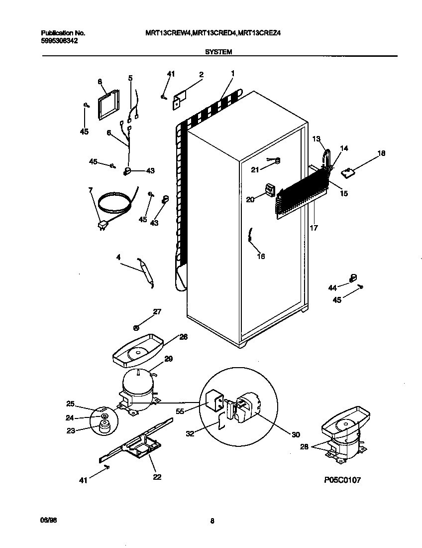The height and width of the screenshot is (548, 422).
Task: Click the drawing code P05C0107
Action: click(x=342, y=480)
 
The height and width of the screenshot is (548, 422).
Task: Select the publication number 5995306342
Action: click(x=59, y=41)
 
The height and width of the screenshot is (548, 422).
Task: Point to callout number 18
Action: click(x=381, y=153)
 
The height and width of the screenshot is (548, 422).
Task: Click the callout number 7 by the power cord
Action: click(x=90, y=190)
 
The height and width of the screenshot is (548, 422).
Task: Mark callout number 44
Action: click(x=332, y=288)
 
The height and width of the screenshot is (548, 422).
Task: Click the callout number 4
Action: click(x=118, y=258)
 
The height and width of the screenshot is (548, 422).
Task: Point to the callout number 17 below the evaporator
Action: click(x=313, y=228)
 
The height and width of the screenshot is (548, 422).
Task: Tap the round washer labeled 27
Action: click(x=136, y=327)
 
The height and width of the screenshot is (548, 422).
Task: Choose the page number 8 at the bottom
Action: click(x=212, y=522)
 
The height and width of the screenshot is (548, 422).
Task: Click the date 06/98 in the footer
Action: click(x=46, y=520)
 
